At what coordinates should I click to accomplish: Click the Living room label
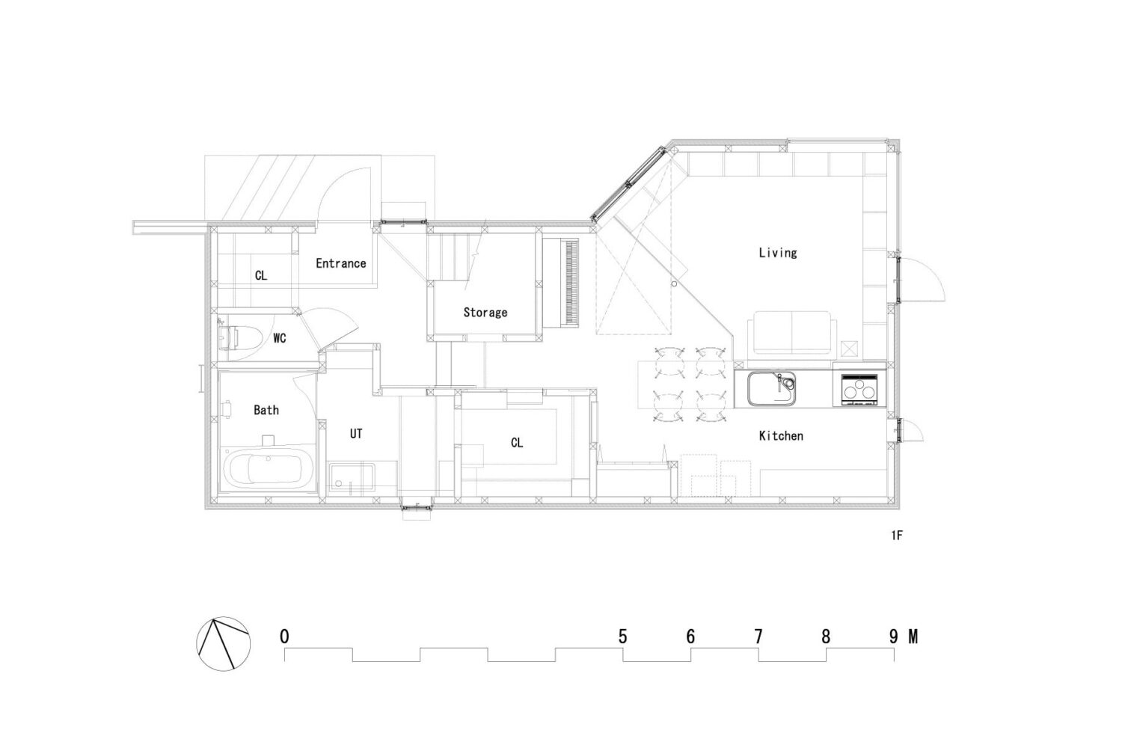[777, 253]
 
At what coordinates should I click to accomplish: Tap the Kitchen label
[781, 436]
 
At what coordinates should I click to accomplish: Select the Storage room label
[485, 313]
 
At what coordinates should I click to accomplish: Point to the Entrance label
[340, 263]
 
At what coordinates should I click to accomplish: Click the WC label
[280, 338]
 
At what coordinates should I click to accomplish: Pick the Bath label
[266, 411]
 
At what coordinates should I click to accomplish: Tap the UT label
[356, 434]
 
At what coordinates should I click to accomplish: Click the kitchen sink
[771, 388]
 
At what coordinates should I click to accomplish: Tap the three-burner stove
[859, 389]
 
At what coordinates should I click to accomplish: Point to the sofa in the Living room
[791, 333]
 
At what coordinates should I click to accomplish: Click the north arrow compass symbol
[224, 644]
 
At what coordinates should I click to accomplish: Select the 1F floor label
[897, 536]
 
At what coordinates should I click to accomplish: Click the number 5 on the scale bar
[622, 637]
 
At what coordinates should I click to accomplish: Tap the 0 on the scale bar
[284, 637]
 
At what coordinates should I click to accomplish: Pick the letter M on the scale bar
[913, 637]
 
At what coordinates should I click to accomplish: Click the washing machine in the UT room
[352, 479]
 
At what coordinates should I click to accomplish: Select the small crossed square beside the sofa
[850, 349]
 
